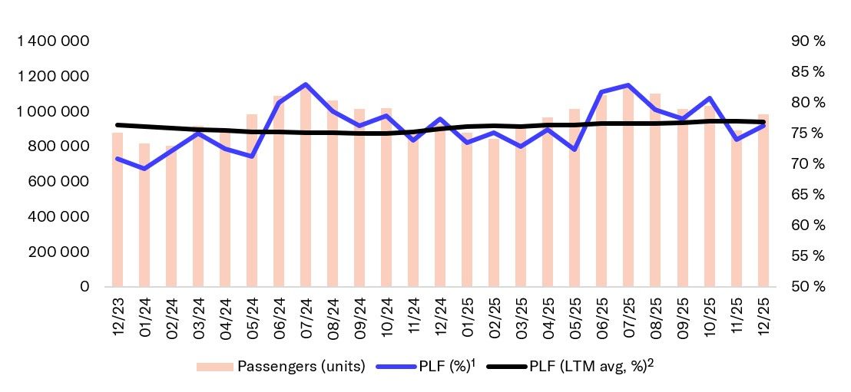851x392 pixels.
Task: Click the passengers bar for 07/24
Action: click(305, 192)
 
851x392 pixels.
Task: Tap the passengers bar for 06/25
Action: click(601, 192)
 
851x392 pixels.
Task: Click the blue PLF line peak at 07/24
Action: click(305, 84)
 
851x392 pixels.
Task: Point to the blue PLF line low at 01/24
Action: click(144, 168)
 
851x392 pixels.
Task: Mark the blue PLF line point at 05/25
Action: click(575, 149)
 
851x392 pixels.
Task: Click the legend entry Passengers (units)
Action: click(280, 366)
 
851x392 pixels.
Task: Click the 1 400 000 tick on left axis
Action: click(53, 41)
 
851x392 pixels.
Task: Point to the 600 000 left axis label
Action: click(59, 182)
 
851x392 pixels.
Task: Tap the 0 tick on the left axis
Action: click(84, 287)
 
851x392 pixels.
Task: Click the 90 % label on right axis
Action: click(806, 41)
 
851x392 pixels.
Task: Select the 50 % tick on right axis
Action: click(806, 287)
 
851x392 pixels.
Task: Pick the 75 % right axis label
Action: click(806, 133)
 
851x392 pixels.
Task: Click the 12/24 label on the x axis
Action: click(440, 313)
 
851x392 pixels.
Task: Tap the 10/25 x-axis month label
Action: click(710, 313)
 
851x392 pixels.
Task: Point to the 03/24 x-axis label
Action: click(198, 313)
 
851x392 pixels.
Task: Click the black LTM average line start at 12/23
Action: click(117, 124)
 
